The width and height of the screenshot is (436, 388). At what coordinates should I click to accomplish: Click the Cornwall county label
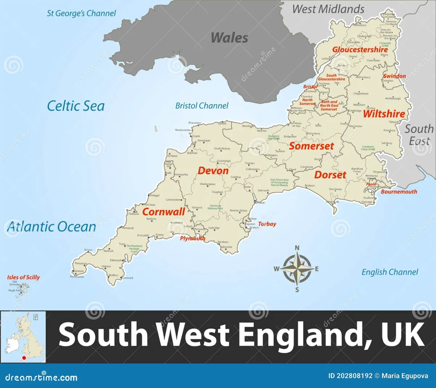pos(164,212)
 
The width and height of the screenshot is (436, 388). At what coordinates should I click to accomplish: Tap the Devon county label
pos(213,171)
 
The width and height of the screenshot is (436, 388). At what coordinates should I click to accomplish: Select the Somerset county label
pos(311,146)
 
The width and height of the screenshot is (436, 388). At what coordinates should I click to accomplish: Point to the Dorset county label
pos(330,175)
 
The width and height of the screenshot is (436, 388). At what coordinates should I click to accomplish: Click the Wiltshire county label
pos(384,114)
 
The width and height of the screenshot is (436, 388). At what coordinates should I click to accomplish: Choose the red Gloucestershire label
pos(360,49)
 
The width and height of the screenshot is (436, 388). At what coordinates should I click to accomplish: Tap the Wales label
pos(230,38)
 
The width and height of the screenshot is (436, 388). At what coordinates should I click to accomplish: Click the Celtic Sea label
pos(76,106)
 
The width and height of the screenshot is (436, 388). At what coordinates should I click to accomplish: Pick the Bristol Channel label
pos(202,106)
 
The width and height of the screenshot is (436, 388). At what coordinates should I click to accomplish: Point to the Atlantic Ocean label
pos(52,227)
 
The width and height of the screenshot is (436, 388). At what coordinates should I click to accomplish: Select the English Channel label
pos(390,272)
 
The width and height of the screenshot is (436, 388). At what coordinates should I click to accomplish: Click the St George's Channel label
pos(81,13)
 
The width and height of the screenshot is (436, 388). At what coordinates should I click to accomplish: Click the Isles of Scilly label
pos(23,277)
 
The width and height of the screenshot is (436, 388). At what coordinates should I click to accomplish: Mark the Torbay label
pos(267,224)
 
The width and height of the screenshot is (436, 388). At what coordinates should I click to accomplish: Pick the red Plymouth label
pos(193,239)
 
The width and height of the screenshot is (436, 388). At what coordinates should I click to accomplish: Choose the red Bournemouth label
pos(399,192)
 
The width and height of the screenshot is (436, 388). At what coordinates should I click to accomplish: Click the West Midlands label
pos(328,9)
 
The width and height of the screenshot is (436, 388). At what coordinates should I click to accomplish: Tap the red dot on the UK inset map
pos(24,358)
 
